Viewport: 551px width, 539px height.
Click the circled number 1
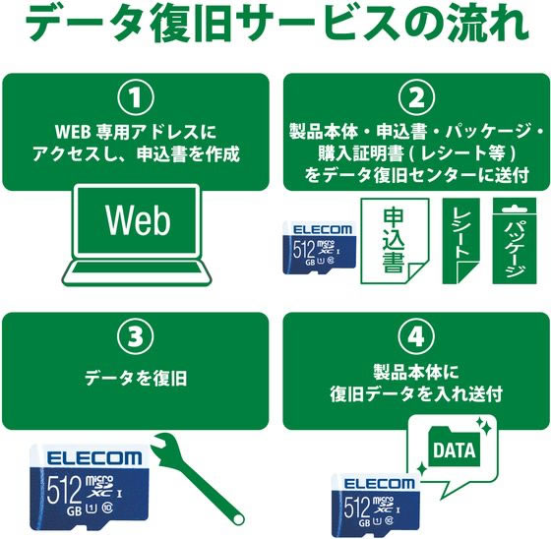click(x=136, y=98)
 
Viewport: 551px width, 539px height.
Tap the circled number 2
click(x=416, y=98)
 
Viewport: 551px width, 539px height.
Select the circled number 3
click(x=136, y=336)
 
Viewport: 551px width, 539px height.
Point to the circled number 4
click(x=416, y=336)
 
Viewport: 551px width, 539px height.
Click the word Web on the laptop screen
click(x=138, y=220)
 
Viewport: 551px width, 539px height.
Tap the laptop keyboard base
click(x=137, y=273)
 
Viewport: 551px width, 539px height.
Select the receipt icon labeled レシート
click(x=460, y=241)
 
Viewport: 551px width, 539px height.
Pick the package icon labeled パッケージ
click(x=515, y=241)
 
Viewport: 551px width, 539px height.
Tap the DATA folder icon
click(x=455, y=446)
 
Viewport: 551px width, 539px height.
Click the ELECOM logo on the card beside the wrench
click(x=93, y=458)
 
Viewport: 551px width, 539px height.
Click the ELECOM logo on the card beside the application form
click(x=323, y=230)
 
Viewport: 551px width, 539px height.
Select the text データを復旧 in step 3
click(x=136, y=379)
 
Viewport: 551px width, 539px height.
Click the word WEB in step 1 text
click(x=71, y=133)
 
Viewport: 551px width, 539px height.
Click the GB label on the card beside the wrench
click(x=74, y=511)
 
